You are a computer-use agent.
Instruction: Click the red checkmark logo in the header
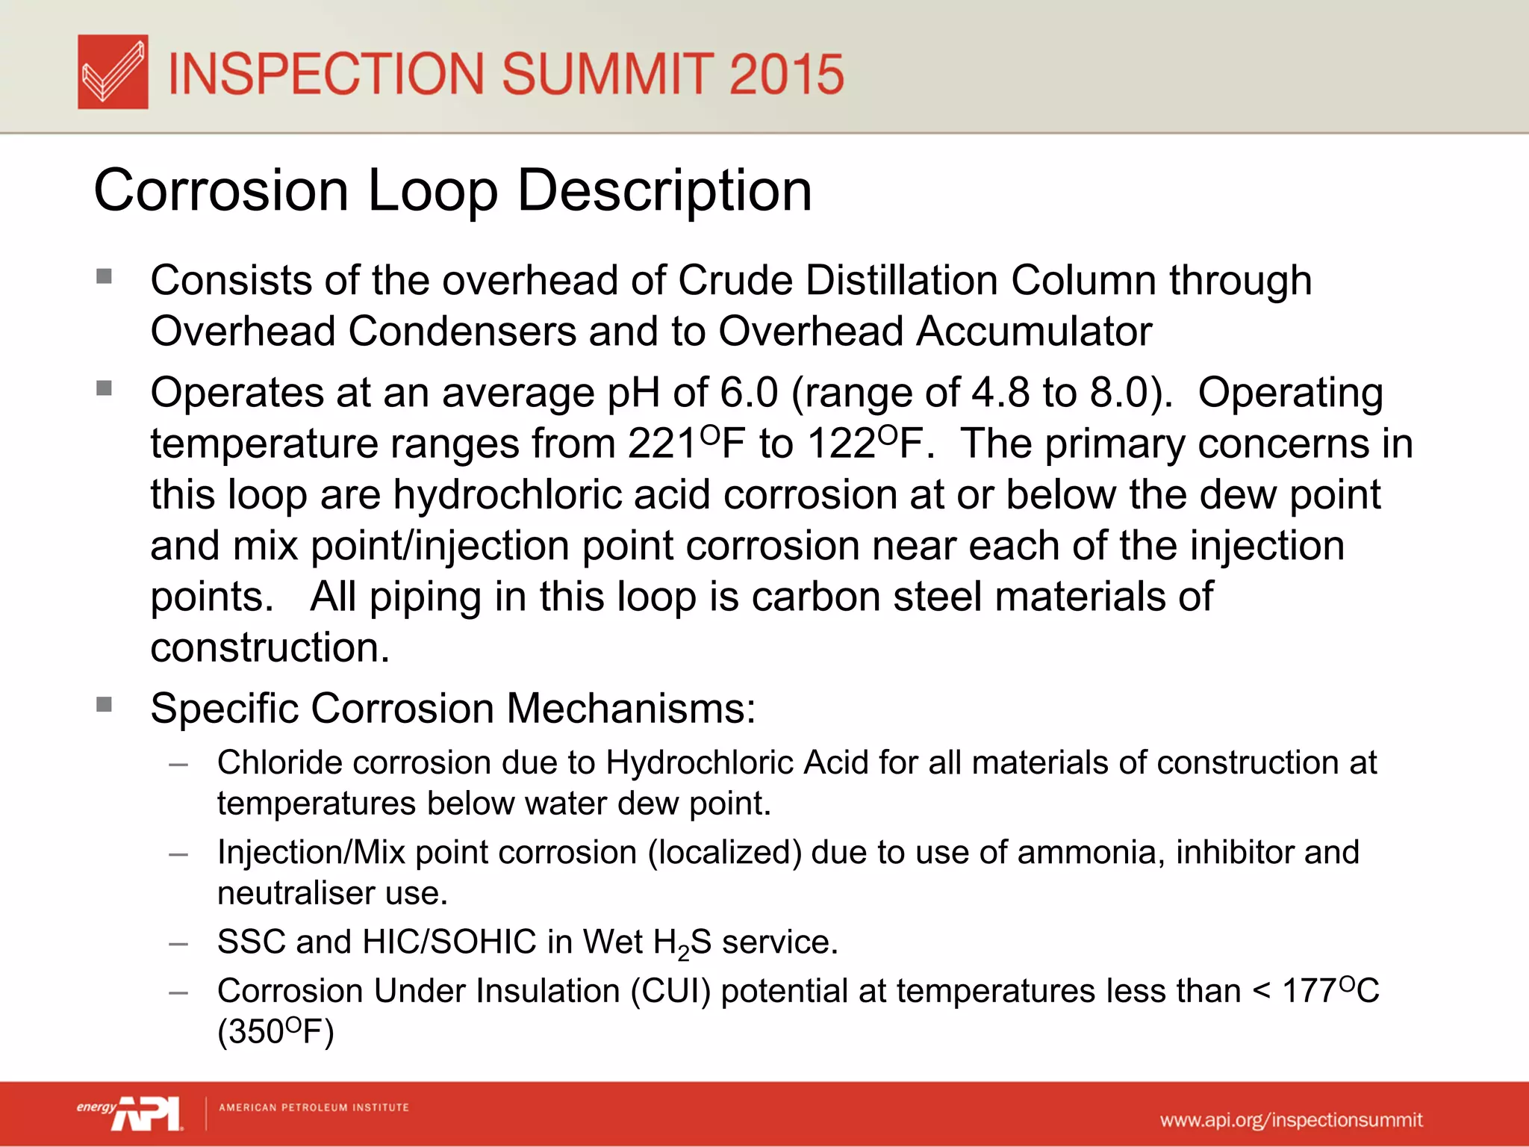113,72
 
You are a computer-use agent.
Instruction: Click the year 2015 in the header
786,75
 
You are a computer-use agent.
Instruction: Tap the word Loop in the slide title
433,191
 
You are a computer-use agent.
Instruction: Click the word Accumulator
1034,332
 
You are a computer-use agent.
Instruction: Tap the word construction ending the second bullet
270,647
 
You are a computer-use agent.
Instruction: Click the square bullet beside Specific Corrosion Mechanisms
104,704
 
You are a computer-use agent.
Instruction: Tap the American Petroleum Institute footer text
314,1107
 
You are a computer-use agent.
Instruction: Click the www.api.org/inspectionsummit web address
1291,1120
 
